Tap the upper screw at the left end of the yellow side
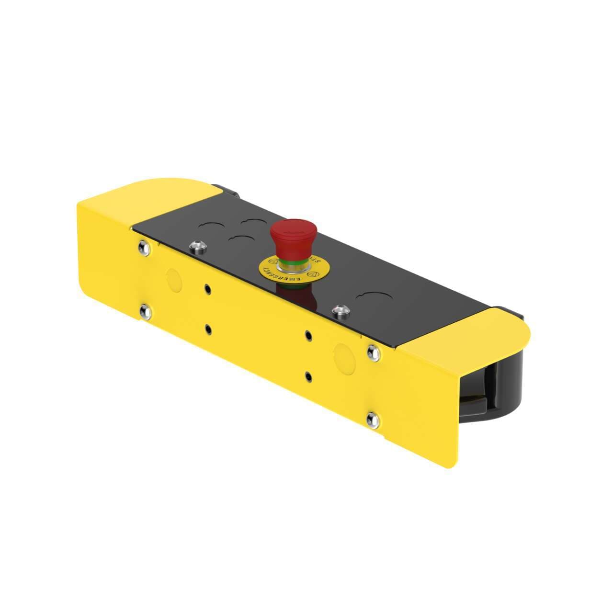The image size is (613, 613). click(x=143, y=247)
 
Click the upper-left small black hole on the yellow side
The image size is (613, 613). click(x=208, y=289)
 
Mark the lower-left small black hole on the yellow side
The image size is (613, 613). click(x=208, y=329)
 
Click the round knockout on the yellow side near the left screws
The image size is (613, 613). click(x=173, y=281)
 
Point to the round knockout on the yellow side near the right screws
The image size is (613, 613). click(x=343, y=354)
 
